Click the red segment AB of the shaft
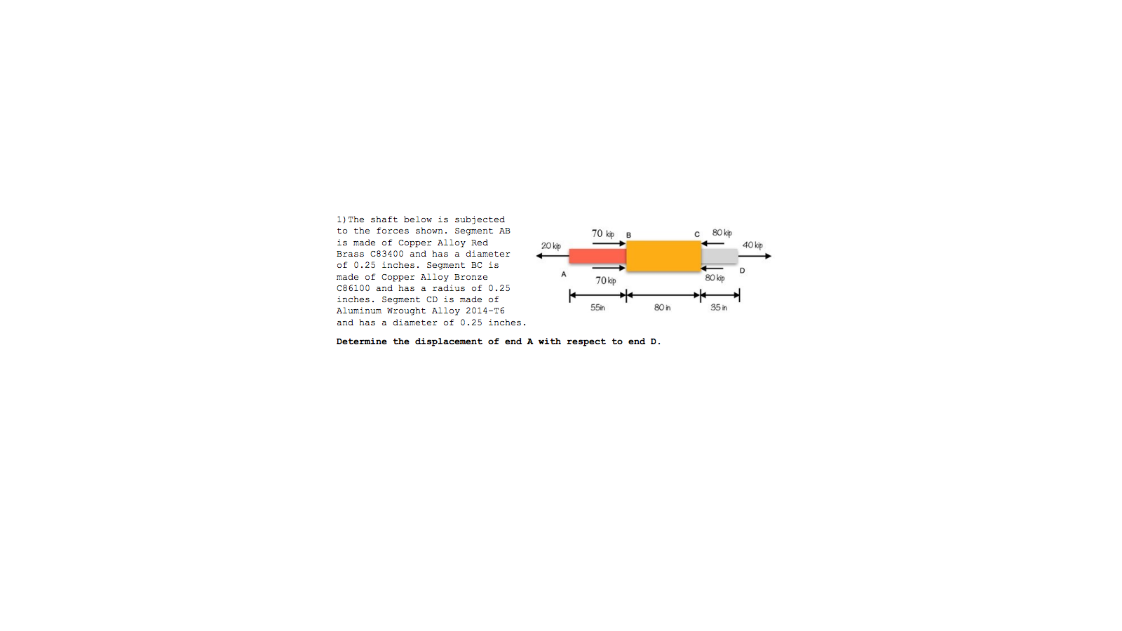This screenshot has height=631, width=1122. pyautogui.click(x=597, y=256)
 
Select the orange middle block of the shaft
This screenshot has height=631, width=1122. pyautogui.click(x=663, y=256)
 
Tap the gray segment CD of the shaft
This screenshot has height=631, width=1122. pyautogui.click(x=719, y=256)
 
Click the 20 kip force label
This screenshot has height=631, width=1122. pyautogui.click(x=550, y=246)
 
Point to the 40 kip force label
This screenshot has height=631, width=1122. pyautogui.click(x=752, y=245)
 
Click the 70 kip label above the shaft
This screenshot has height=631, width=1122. pyautogui.click(x=602, y=233)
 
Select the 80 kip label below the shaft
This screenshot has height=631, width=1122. pyautogui.click(x=715, y=278)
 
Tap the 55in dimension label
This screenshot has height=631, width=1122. pyautogui.click(x=597, y=308)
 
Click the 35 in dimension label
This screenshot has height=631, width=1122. pyautogui.click(x=719, y=308)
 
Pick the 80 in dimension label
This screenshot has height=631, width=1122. pyautogui.click(x=662, y=308)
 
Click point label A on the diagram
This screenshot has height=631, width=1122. pyautogui.click(x=564, y=274)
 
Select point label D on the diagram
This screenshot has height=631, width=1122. pyautogui.click(x=742, y=271)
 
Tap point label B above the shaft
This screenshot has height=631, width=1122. pyautogui.click(x=628, y=235)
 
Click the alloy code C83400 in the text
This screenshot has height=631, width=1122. pyautogui.click(x=386, y=254)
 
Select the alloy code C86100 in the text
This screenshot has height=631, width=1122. pyautogui.click(x=353, y=288)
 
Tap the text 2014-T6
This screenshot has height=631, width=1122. pyautogui.click(x=485, y=311)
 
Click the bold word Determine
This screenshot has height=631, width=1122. pyautogui.click(x=361, y=341)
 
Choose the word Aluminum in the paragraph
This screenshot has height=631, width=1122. pyautogui.click(x=358, y=311)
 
